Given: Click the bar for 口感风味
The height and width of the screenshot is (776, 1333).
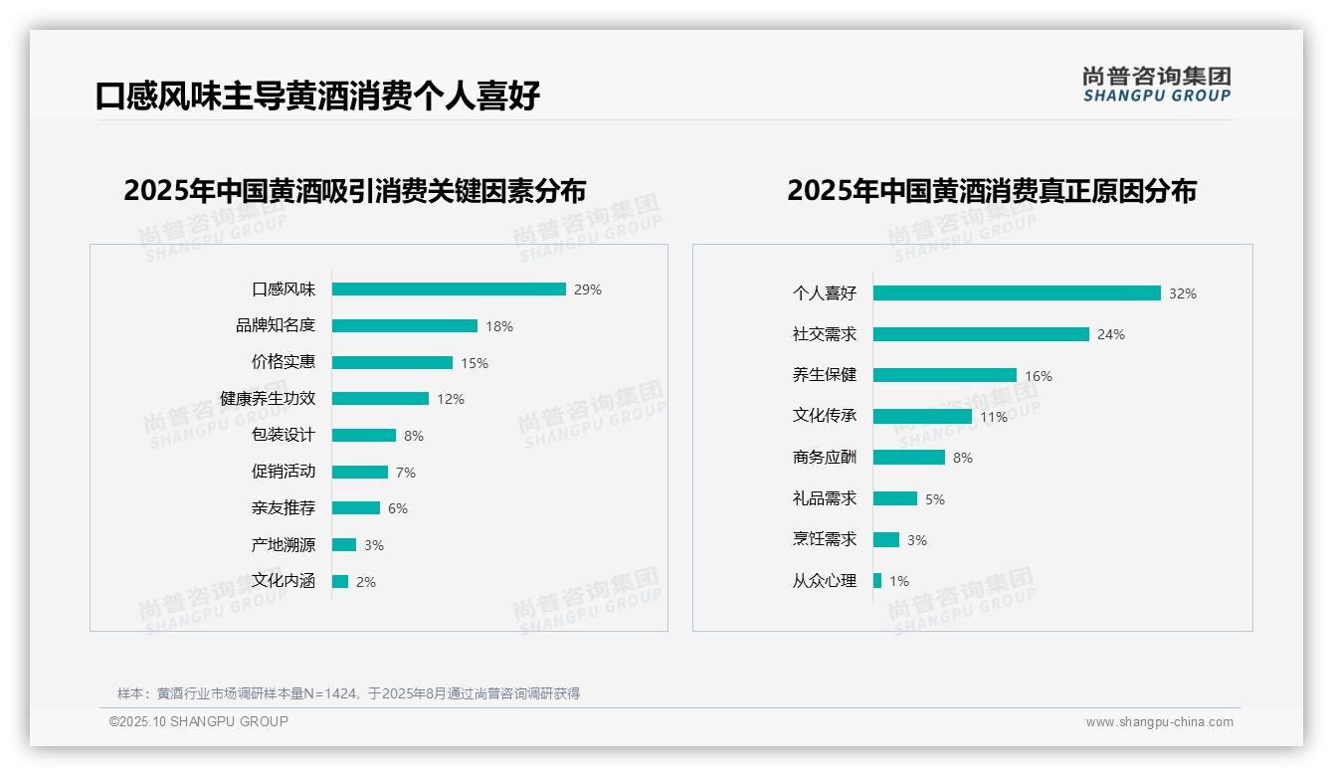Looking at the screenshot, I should pyautogui.click(x=449, y=290).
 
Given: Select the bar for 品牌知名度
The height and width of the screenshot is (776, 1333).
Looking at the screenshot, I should pyautogui.click(x=405, y=326).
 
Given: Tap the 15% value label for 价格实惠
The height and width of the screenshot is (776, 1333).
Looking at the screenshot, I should pyautogui.click(x=475, y=363).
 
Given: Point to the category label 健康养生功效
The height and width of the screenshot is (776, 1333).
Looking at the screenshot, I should pyautogui.click(x=268, y=399).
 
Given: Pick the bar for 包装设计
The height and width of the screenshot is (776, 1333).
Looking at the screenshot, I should pyautogui.click(x=364, y=436).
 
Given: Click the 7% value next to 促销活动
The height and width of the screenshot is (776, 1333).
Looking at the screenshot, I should pyautogui.click(x=405, y=473).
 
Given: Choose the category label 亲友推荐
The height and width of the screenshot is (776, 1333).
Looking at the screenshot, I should pyautogui.click(x=284, y=508).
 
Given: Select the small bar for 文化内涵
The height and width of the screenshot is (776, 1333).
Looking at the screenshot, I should pyautogui.click(x=340, y=582).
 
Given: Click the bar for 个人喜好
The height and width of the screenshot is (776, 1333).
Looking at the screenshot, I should pyautogui.click(x=1017, y=293).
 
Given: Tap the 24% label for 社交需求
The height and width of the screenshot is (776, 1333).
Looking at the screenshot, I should pyautogui.click(x=1111, y=335).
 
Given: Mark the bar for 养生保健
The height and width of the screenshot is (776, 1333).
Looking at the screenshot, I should pyautogui.click(x=945, y=376).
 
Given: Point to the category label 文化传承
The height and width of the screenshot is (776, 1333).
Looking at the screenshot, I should pyautogui.click(x=825, y=416).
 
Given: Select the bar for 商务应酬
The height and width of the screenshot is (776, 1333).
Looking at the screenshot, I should pyautogui.click(x=909, y=458).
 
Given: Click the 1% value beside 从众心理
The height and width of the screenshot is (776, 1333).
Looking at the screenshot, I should pyautogui.click(x=899, y=581).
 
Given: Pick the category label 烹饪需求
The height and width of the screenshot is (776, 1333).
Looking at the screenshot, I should pyautogui.click(x=825, y=539).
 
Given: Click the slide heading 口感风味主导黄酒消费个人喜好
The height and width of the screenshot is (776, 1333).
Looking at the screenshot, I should pyautogui.click(x=318, y=97).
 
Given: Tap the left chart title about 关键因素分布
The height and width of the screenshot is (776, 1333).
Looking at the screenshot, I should pyautogui.click(x=355, y=190).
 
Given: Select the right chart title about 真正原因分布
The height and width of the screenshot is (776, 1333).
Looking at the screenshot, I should pyautogui.click(x=992, y=190).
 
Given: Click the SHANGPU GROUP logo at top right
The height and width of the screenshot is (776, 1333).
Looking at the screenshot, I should pyautogui.click(x=1157, y=85).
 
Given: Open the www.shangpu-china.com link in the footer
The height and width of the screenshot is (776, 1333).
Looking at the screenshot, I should pyautogui.click(x=1159, y=722).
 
